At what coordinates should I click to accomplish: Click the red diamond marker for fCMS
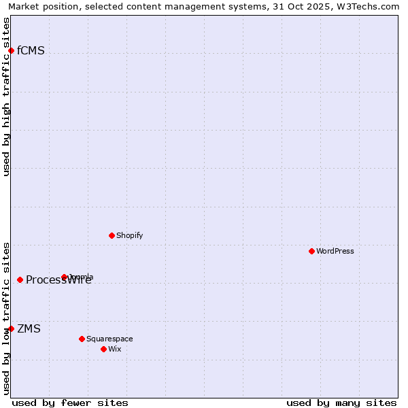11,50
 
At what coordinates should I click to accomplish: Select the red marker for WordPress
311,251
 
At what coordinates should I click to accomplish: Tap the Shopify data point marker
112,235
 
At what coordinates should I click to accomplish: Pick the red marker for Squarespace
82,339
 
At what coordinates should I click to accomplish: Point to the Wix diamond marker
103,349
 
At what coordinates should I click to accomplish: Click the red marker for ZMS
11,328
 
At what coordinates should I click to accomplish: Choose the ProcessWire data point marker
20,279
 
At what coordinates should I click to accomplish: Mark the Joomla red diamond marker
65,277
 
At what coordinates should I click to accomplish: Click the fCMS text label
31,50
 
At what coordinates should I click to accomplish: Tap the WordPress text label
335,251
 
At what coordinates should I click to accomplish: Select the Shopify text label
129,235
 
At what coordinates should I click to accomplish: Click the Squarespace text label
109,339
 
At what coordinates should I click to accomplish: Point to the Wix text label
115,349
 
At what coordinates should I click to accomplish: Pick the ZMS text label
29,329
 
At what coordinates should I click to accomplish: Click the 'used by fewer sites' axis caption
69,403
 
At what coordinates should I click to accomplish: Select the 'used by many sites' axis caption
341,403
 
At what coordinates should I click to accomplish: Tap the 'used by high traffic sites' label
7,96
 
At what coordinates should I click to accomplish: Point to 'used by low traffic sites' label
7,318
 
